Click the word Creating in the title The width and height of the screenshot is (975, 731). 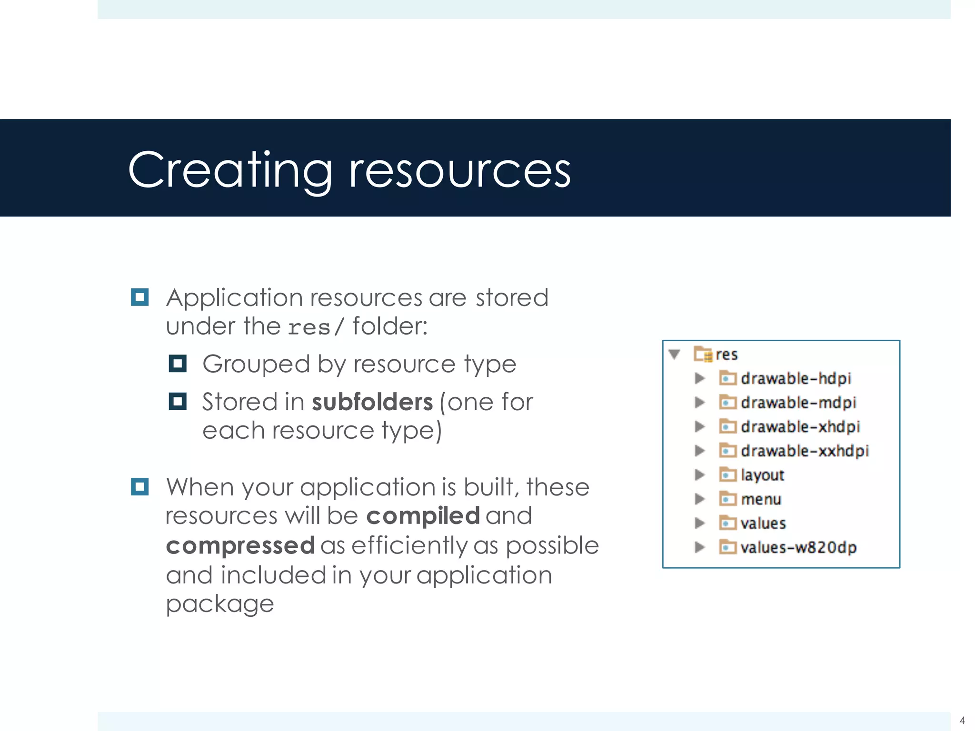pyautogui.click(x=230, y=170)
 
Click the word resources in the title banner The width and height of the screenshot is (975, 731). pyautogui.click(x=459, y=170)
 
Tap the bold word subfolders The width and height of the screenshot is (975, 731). pyautogui.click(x=372, y=402)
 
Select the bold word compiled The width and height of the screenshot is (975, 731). pyautogui.click(x=423, y=516)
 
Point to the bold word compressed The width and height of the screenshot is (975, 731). pyautogui.click(x=240, y=545)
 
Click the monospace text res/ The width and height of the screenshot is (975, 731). pyautogui.click(x=315, y=327)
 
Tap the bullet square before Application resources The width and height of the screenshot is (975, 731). pyautogui.click(x=139, y=297)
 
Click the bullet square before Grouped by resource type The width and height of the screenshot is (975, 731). pyautogui.click(x=177, y=364)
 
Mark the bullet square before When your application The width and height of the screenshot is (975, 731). pyautogui.click(x=139, y=487)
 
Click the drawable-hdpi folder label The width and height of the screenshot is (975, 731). pyautogui.click(x=796, y=378)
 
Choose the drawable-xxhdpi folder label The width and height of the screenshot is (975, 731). pyautogui.click(x=805, y=451)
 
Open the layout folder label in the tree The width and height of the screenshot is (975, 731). pyautogui.click(x=762, y=475)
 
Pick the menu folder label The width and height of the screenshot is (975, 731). pyautogui.click(x=761, y=499)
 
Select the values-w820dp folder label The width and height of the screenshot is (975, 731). pyautogui.click(x=798, y=547)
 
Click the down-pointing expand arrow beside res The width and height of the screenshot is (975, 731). pyautogui.click(x=674, y=354)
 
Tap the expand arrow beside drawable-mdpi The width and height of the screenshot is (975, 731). pyautogui.click(x=699, y=403)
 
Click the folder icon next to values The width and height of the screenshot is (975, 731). pyautogui.click(x=727, y=523)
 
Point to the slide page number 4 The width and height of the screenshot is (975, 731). pyautogui.click(x=962, y=720)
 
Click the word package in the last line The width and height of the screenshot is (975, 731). pyautogui.click(x=219, y=604)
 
